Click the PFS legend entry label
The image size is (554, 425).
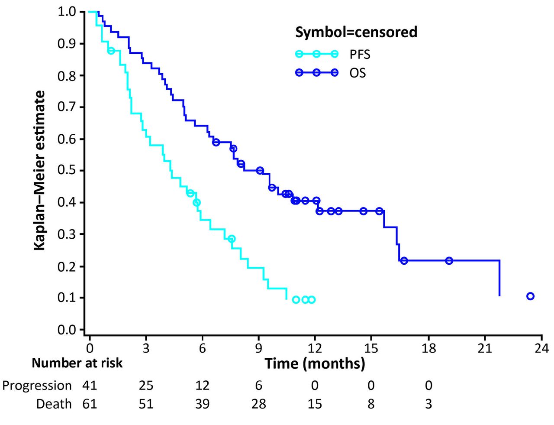point(360,54)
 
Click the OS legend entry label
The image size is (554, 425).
point(358,73)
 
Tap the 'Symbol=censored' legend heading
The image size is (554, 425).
point(356,32)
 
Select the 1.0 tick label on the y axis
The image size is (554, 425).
point(67,12)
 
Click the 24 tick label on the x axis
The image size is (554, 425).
point(541,348)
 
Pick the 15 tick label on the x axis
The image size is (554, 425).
point(371,348)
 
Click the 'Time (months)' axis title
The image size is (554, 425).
point(315,363)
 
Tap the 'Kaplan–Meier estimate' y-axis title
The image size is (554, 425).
point(40,170)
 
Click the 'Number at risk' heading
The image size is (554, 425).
point(77,363)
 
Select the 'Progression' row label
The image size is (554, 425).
point(37,385)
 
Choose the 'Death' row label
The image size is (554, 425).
point(54,404)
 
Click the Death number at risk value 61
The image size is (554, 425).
point(90,404)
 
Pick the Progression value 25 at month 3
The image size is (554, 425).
point(146,385)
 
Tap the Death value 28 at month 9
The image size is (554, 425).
point(258,404)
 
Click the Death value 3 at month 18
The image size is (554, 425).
point(428,404)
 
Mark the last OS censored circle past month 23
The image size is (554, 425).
point(530,296)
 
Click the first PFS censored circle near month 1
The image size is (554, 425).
point(111,51)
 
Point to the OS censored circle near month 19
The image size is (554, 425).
point(449,261)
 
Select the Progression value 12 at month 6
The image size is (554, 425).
point(202,385)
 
